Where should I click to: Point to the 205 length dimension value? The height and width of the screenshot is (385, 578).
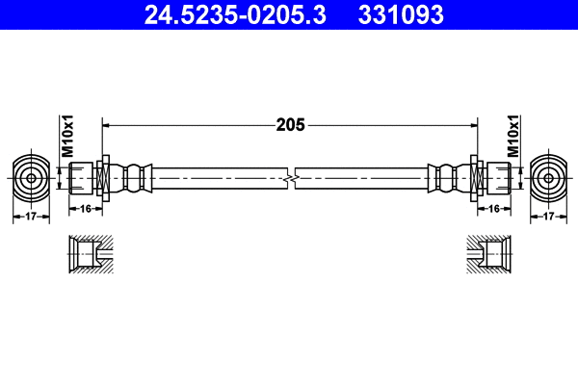click(290, 124)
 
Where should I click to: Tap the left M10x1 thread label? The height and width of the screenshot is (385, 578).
click(67, 138)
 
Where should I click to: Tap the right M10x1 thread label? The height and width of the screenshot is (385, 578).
click(513, 138)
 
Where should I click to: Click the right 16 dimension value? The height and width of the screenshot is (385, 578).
click(494, 208)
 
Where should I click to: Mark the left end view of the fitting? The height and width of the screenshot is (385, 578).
click(31, 178)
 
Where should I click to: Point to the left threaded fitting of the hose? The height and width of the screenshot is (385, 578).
click(84, 178)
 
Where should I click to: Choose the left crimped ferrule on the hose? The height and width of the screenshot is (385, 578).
click(136, 178)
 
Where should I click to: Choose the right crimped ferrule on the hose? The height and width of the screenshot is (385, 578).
click(444, 178)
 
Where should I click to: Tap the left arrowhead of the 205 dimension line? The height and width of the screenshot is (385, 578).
click(107, 124)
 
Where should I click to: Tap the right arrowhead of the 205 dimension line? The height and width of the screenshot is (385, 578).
click(474, 124)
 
